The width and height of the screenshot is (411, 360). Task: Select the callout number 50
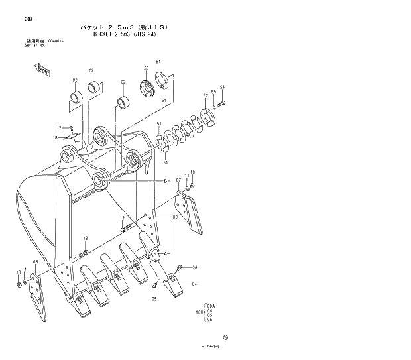click(x=146, y=68)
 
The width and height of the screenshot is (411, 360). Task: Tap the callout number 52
click(x=206, y=97)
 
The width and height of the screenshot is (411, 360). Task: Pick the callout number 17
click(x=59, y=128)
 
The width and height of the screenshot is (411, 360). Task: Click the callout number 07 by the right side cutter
click(x=178, y=180)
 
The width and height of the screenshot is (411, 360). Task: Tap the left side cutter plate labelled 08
click(x=38, y=295)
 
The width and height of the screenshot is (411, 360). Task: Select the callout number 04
click(x=194, y=284)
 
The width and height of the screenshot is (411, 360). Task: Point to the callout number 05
click(x=154, y=299)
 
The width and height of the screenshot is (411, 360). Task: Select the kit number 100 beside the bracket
click(x=198, y=310)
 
